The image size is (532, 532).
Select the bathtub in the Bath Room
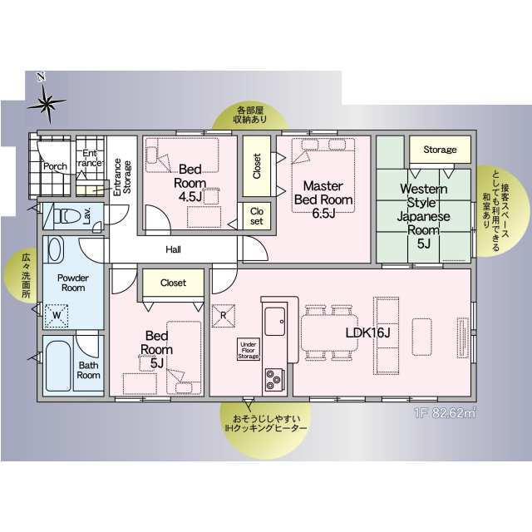click(58, 366)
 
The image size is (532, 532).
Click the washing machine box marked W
click(57, 316)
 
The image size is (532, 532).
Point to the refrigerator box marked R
click(224, 316)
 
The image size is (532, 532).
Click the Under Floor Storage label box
click(249, 349)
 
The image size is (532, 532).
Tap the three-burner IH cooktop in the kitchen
click(274, 379)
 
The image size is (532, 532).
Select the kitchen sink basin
click(274, 322)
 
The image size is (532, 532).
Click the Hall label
click(173, 249)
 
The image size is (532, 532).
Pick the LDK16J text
click(367, 332)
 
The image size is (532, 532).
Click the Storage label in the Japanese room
click(440, 150)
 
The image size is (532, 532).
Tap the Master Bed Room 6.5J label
click(323, 199)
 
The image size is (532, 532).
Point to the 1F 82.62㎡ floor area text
click(445, 414)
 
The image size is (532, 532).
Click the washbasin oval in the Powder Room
click(54, 249)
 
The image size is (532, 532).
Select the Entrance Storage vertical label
click(122, 177)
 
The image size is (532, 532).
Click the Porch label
click(55, 166)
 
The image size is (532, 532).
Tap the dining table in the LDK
click(330, 332)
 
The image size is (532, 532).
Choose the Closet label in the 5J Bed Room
click(173, 283)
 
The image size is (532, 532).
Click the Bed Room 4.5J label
click(190, 183)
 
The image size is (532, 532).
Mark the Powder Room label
click(73, 283)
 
